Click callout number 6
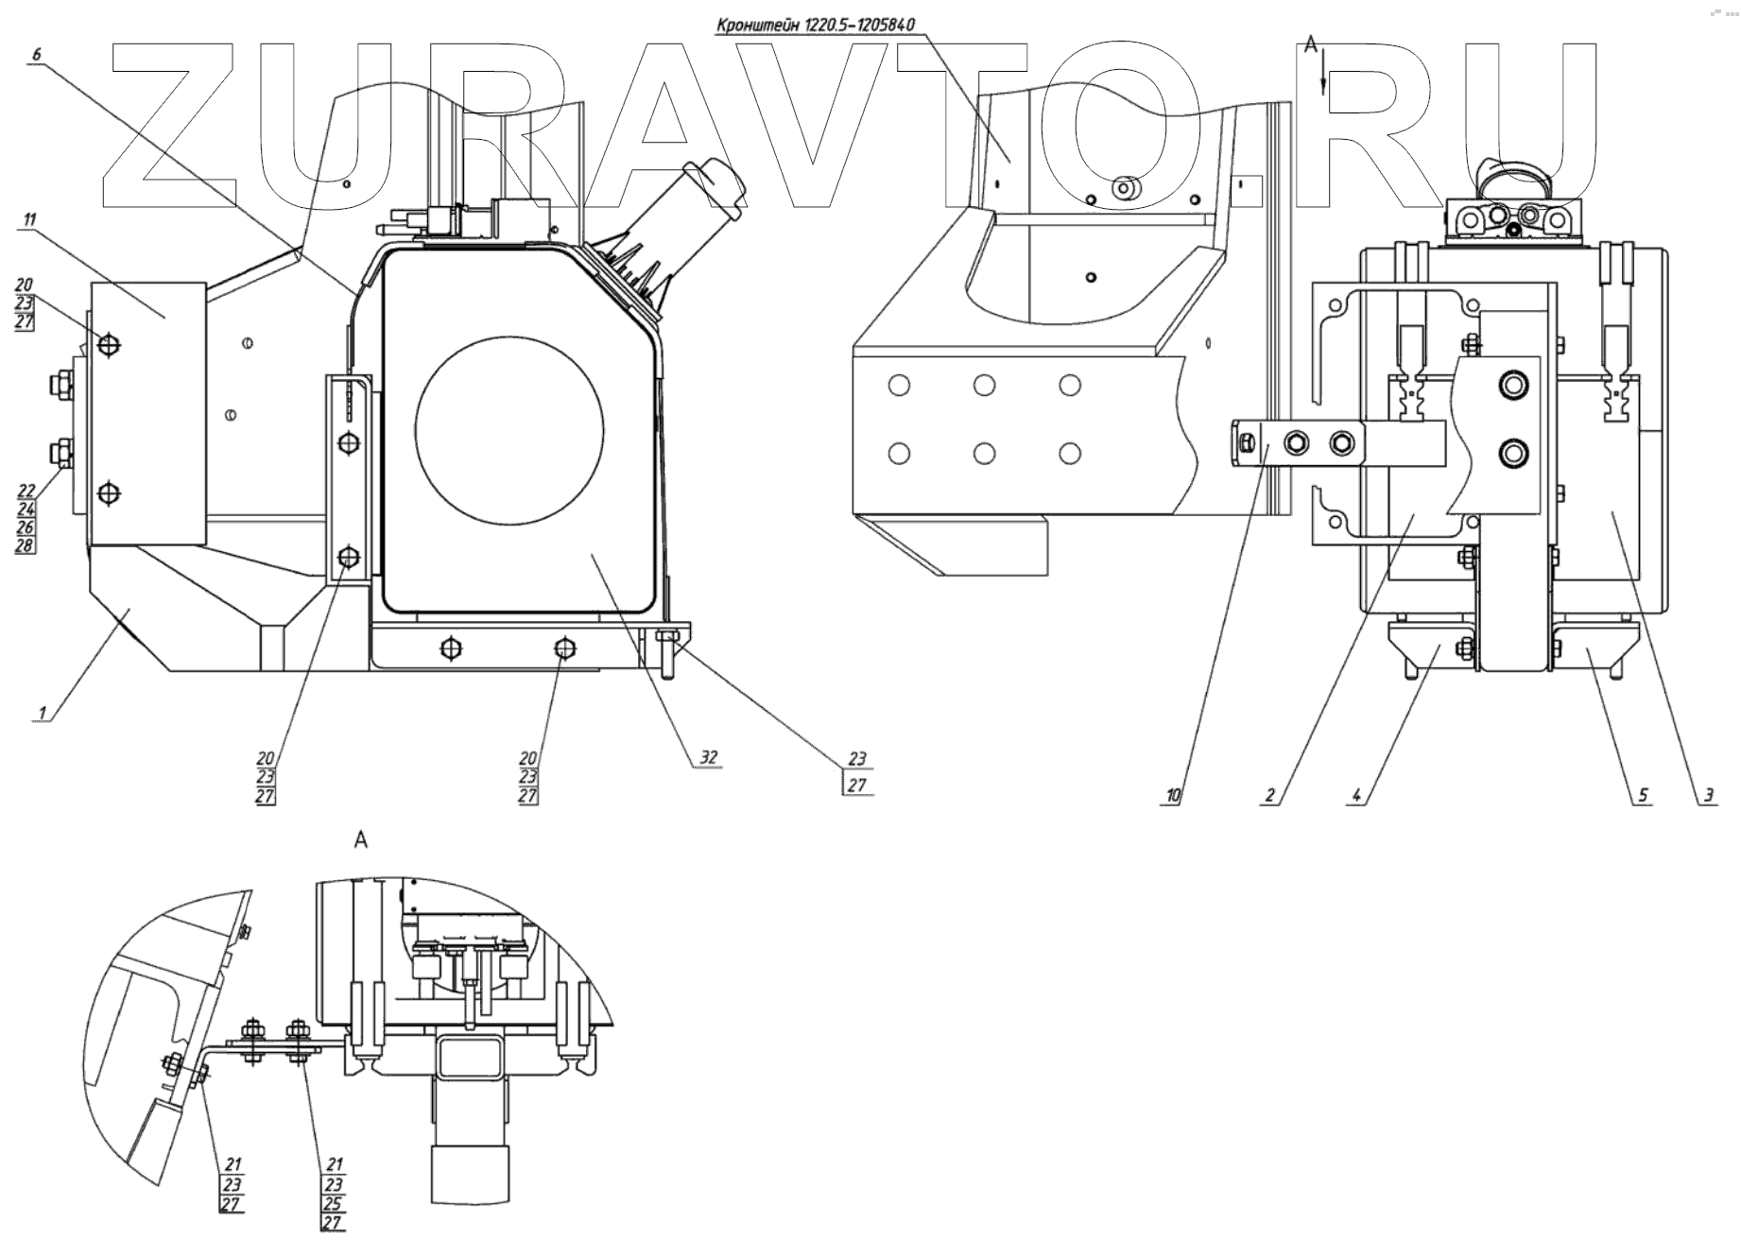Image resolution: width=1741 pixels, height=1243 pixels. coord(37,55)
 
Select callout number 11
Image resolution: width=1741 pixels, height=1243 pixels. coord(29,220)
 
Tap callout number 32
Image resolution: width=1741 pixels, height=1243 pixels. coord(709,757)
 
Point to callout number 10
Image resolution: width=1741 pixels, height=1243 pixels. coord(1172,796)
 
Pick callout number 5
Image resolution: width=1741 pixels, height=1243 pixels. coord(1643,796)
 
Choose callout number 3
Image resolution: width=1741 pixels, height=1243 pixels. coord(1709,796)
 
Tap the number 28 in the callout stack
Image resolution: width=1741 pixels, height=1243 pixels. coord(25,546)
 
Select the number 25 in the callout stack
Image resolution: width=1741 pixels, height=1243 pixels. coord(333,1204)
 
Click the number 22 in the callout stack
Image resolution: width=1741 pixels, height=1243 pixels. coord(25,491)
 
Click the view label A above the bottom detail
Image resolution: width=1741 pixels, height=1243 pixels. coord(360,839)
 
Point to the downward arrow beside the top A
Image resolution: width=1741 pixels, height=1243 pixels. coord(1323,76)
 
